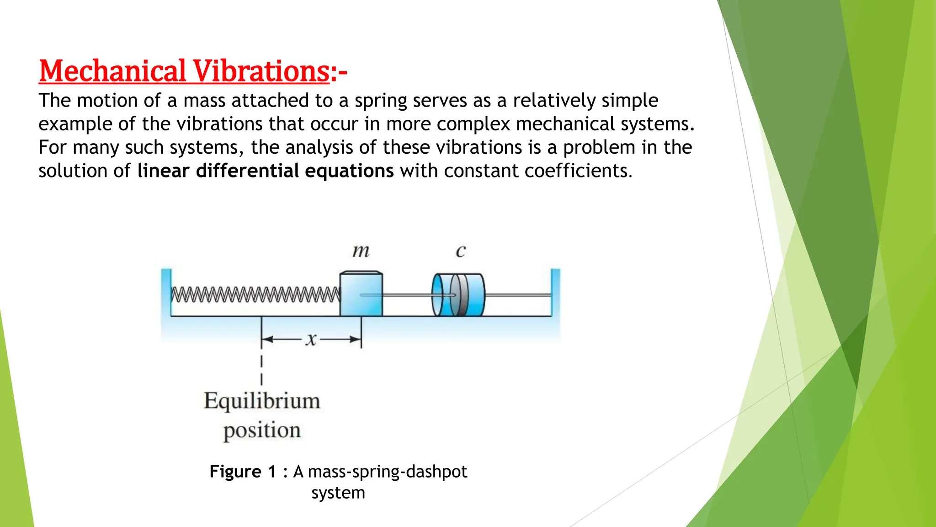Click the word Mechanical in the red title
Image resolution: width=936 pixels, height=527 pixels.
tap(112, 71)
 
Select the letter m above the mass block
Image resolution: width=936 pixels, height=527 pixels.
tap(361, 251)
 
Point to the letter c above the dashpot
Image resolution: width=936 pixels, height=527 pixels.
tap(461, 251)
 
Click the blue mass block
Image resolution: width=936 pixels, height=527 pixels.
tap(361, 294)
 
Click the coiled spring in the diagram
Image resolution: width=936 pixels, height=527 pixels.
tap(255, 294)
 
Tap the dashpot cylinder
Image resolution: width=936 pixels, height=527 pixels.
tap(458, 295)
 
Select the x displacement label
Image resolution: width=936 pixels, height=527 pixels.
tap(311, 339)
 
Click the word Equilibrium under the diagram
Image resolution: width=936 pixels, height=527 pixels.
tap(262, 401)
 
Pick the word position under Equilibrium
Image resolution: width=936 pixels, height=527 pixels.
tap(262, 430)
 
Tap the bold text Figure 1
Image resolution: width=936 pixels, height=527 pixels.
tap(243, 471)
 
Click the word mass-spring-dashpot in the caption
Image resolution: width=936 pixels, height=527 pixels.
tap(388, 471)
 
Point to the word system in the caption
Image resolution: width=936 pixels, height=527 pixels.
tap(338, 493)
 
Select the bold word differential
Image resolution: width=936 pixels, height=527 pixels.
tap(248, 171)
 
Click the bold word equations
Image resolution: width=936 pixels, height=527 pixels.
tap(349, 171)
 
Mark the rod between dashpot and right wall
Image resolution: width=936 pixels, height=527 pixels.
tap(517, 296)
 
